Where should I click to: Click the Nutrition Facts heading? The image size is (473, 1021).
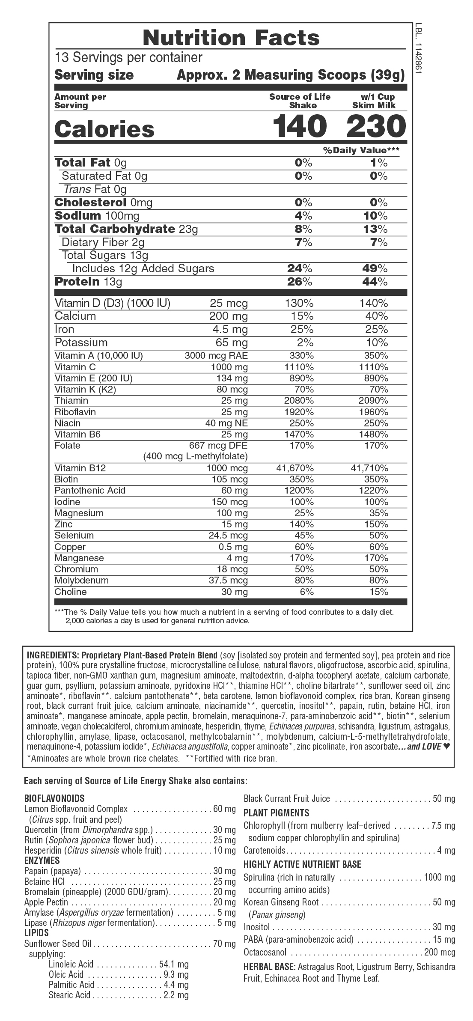click(231, 38)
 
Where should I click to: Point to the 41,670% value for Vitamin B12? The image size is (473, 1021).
click(295, 468)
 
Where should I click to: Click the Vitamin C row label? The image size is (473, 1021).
click(75, 367)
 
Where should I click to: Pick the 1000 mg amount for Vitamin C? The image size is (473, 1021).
click(229, 367)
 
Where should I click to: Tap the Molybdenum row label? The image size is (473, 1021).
click(82, 580)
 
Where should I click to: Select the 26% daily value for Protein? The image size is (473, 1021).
click(300, 282)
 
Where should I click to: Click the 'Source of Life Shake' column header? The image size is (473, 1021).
click(300, 101)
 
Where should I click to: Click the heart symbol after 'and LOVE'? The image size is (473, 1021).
click(446, 747)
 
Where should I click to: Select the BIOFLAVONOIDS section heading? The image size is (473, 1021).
click(54, 798)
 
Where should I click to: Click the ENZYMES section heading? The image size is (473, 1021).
click(42, 860)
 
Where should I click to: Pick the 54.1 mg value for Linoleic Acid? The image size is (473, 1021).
click(174, 964)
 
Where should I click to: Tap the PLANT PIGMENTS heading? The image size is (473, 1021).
click(276, 813)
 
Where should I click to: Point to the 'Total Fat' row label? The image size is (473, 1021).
click(83, 163)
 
